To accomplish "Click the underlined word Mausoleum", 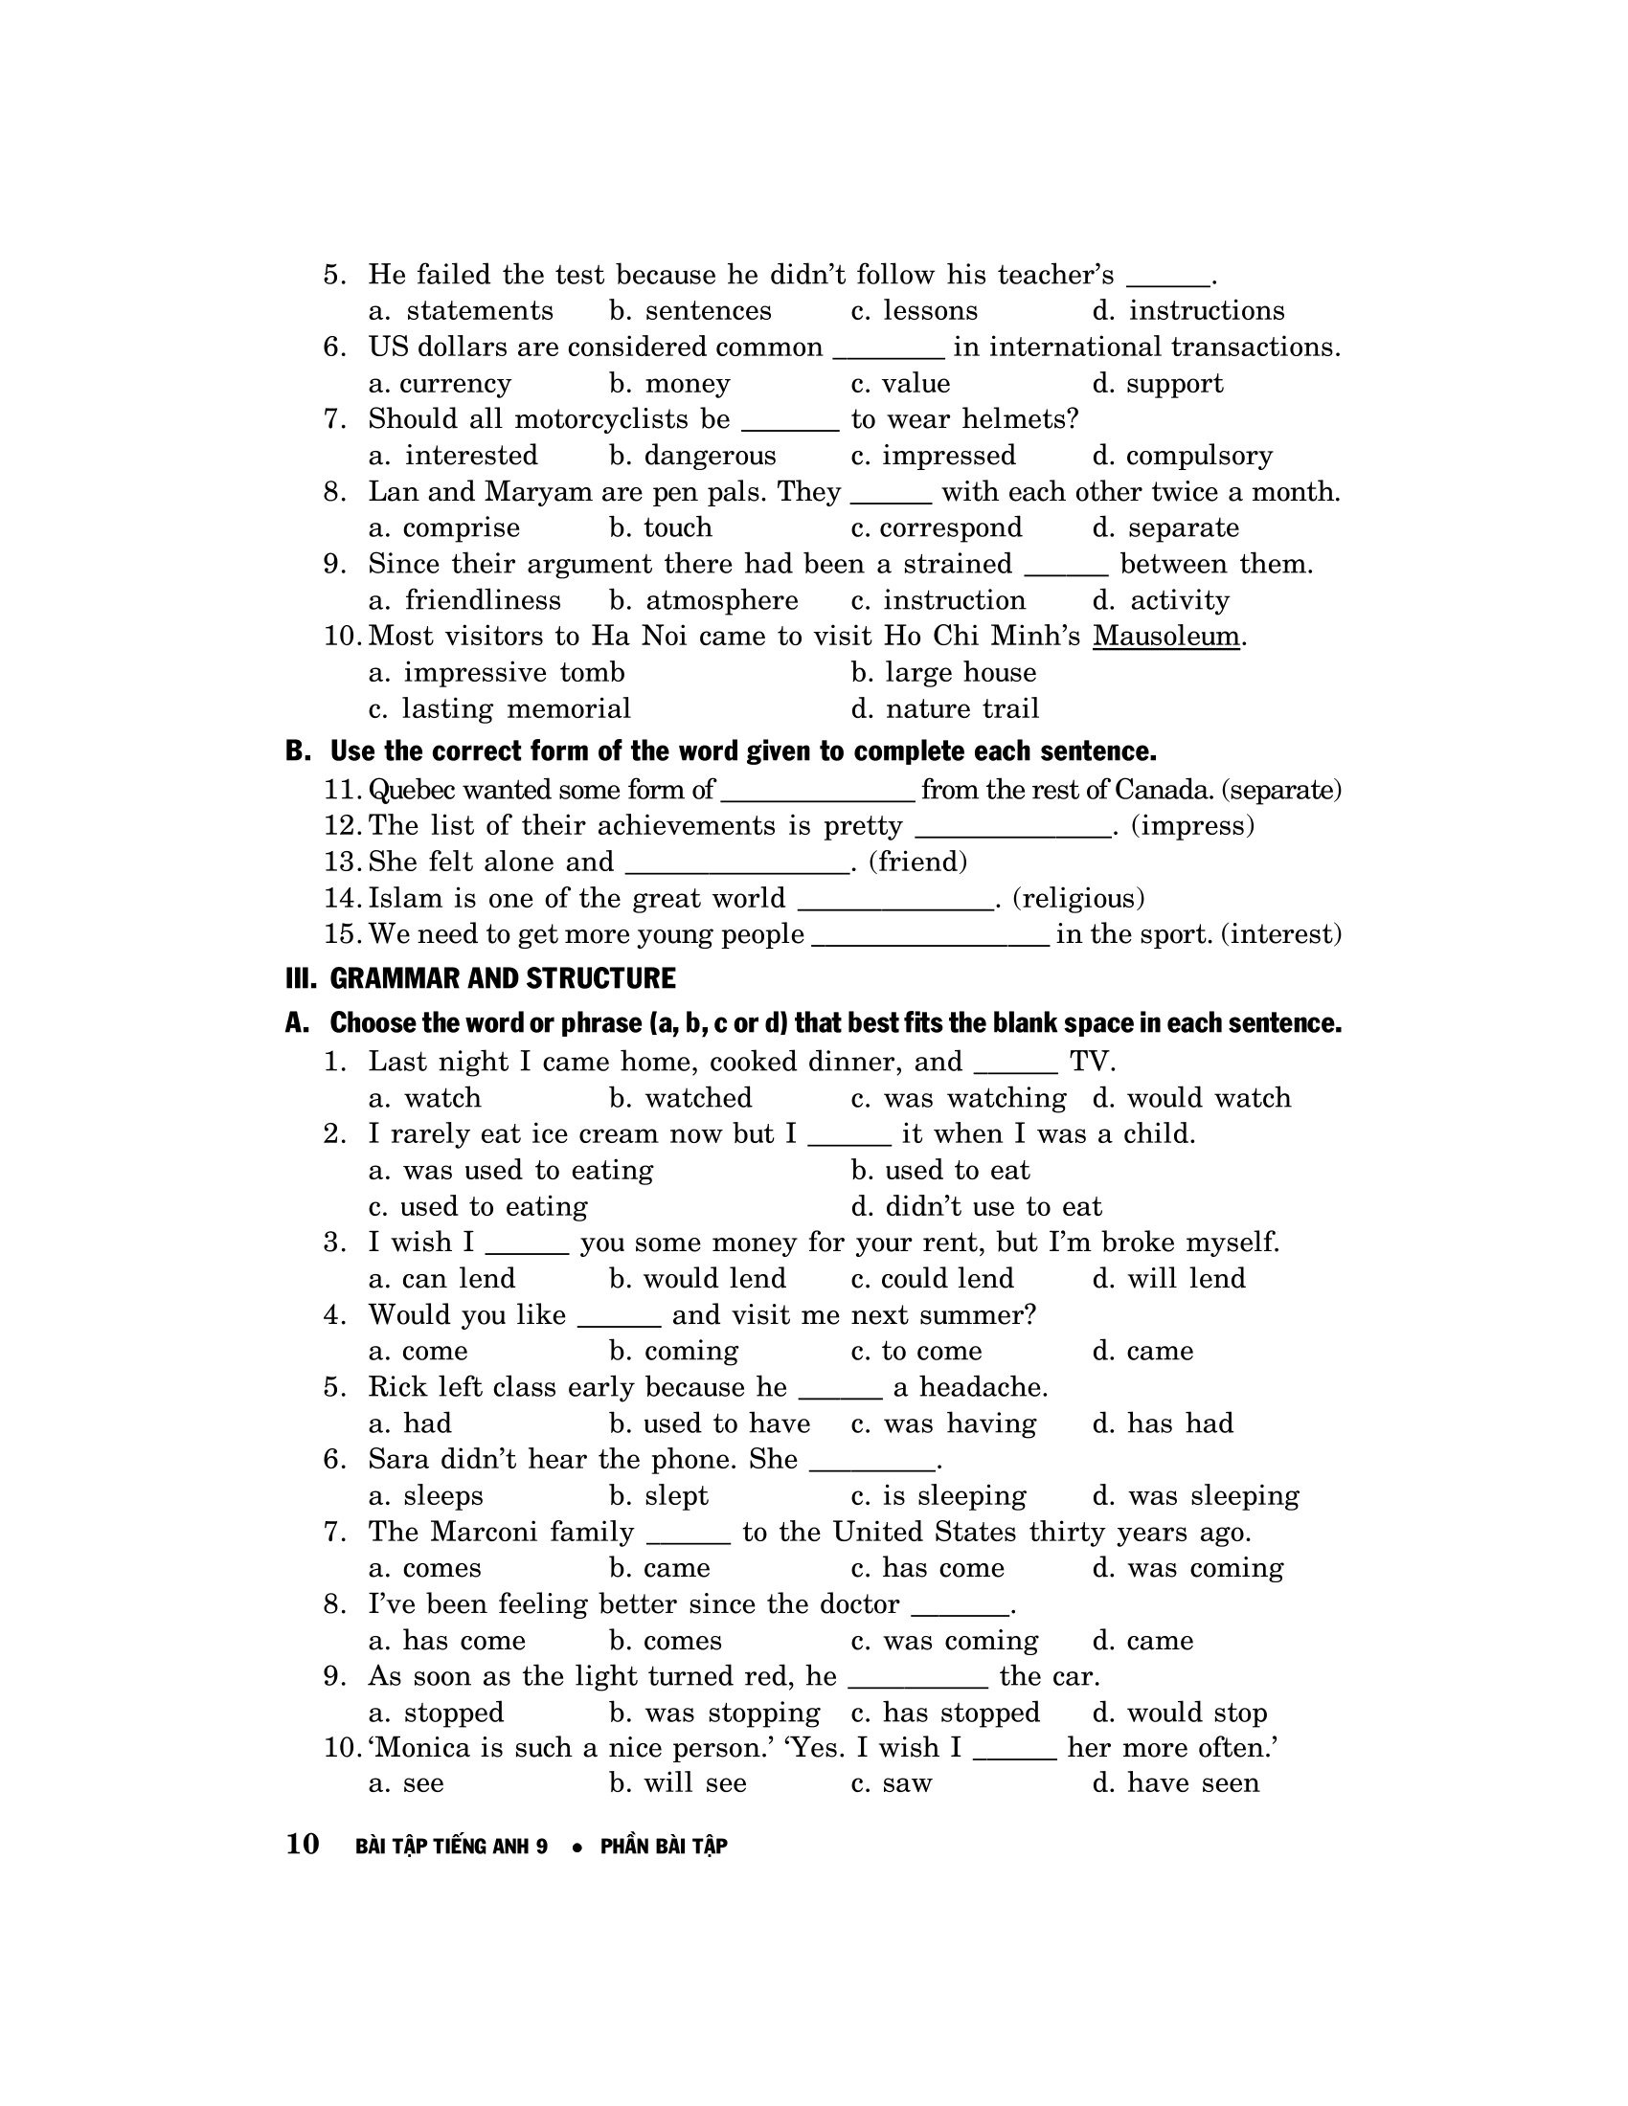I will coord(1165,637).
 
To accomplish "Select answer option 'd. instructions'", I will coord(1188,310).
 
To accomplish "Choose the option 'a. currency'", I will coord(440,384).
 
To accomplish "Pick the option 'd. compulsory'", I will coord(1183,456).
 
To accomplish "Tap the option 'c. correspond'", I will coord(936,528).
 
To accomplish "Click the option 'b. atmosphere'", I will coord(703,601).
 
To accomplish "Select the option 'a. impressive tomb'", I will coord(497,673).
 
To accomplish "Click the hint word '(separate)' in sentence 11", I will coord(1280,790).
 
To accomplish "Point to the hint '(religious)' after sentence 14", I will coord(1078,899).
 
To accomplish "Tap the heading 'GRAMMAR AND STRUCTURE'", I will coord(502,978).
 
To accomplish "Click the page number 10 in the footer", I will coord(303,1844).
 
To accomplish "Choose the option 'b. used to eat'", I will coord(940,1171).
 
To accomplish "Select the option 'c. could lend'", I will coord(933,1279).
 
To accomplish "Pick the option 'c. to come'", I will coord(916,1351).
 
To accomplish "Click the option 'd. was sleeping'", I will coord(1196,1495).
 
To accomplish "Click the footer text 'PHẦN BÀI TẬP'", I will coord(664,1846).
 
